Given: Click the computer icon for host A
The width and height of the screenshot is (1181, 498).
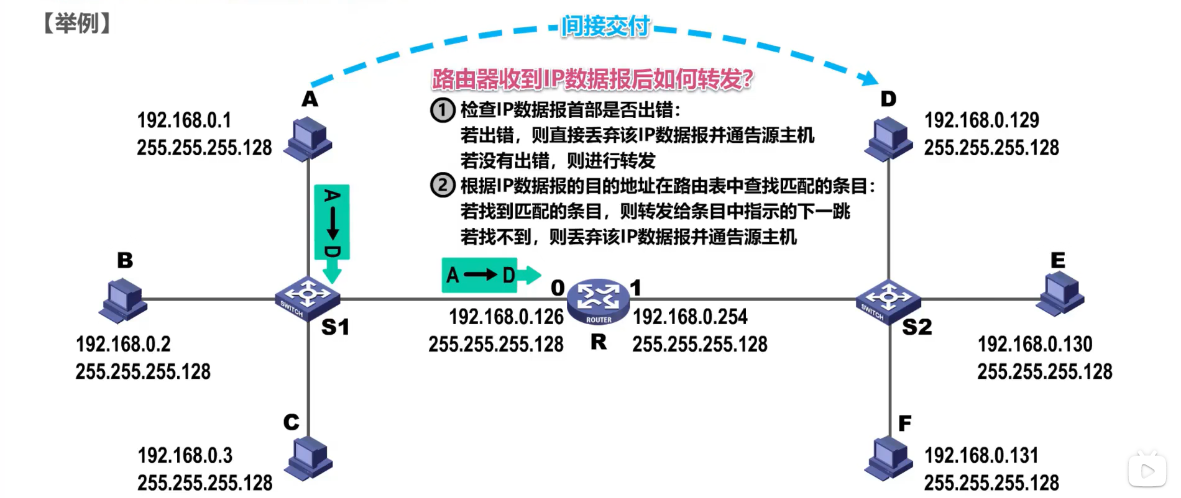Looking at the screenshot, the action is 308,138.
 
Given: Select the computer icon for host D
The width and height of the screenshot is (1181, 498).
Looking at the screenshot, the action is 889,139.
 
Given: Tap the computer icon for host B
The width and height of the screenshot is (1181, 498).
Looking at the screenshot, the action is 123,300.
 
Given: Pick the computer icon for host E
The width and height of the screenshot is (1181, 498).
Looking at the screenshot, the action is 1061,294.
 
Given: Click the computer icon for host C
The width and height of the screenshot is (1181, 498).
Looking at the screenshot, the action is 309,458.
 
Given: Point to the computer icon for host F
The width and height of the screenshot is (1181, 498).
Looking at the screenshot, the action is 889,458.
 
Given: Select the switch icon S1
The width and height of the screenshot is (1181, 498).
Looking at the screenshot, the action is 308,297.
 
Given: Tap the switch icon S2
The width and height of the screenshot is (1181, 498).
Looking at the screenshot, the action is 888,299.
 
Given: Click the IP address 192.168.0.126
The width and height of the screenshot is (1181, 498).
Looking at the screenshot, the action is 506,317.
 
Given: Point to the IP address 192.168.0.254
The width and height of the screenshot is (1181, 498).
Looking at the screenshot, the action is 690,317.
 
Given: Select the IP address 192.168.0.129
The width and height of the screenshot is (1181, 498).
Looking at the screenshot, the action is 981,120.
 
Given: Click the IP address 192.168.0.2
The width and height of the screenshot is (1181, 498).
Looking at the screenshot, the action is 123,344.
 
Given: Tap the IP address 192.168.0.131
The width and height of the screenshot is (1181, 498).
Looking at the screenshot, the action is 981,455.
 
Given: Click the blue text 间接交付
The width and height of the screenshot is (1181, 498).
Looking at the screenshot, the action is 605,26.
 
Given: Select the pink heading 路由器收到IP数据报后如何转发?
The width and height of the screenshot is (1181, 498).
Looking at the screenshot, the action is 592,79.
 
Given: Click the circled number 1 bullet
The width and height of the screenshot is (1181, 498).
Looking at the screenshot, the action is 443,110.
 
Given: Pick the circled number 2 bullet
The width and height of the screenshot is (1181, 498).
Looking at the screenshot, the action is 443,185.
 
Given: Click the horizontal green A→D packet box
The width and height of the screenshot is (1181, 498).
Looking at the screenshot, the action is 480,274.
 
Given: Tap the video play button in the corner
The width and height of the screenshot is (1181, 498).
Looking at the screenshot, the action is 1147,471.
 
